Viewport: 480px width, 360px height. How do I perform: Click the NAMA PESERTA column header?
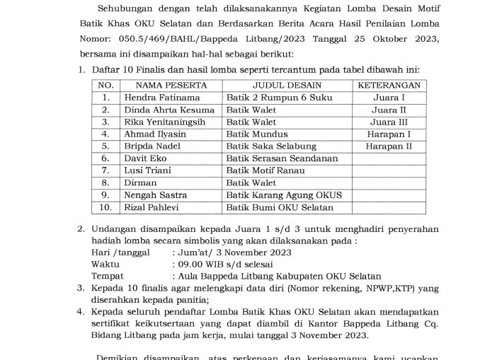coord(166,85)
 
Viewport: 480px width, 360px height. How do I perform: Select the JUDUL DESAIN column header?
coord(288,85)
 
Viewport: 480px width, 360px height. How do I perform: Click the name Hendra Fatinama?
coord(159,98)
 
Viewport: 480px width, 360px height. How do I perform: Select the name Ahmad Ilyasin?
coord(153,134)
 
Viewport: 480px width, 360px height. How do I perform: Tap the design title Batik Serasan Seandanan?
coord(282,158)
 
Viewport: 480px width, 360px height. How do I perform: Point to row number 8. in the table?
coord(105,182)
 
